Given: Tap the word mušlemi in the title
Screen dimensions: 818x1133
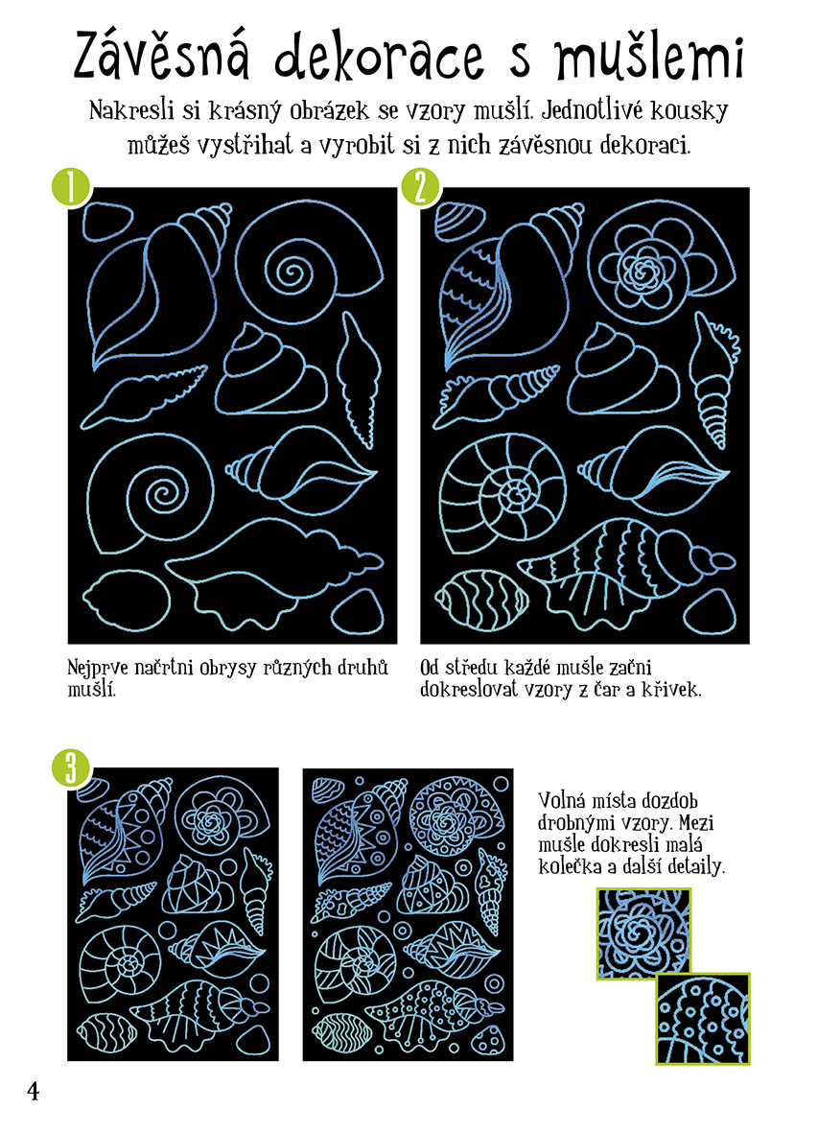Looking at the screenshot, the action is tap(649, 56).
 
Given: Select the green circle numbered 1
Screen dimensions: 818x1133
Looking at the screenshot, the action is tap(70, 188).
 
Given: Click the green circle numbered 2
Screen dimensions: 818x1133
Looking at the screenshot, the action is tap(421, 188).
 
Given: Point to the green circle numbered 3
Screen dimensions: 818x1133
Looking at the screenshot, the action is tap(71, 767).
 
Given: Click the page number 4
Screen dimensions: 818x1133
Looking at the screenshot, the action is tap(34, 1091).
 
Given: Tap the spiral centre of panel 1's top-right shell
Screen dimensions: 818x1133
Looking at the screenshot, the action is tap(292, 272).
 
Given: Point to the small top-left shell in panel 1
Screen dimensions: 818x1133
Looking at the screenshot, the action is tap(107, 221).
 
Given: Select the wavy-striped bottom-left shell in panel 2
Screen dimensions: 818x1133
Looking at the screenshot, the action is tap(480, 599).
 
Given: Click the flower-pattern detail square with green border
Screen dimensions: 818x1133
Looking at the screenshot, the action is tap(643, 933).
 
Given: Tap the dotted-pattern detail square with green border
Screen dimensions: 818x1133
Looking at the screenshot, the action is tap(703, 1018).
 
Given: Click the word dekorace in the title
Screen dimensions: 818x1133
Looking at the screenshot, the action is tap(379, 58).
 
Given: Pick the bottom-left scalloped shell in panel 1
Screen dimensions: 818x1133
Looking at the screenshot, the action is tap(127, 599).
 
